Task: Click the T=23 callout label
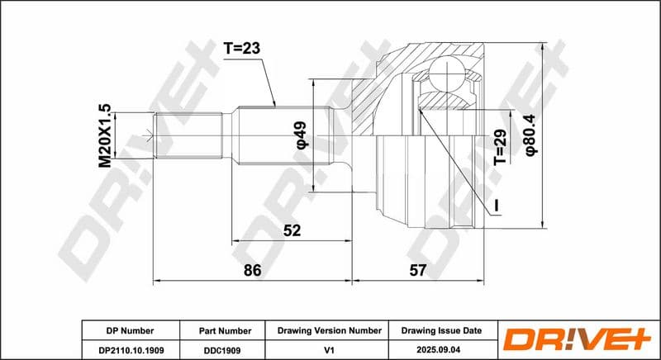point(241,49)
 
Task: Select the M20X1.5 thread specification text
point(105,135)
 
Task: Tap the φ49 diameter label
point(302,135)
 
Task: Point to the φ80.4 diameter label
point(530,135)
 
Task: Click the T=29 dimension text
point(500,147)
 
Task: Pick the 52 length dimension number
point(292,230)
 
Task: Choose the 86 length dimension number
point(253,270)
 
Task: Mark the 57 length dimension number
point(418,270)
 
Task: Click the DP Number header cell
point(131,331)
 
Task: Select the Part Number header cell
point(225,331)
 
